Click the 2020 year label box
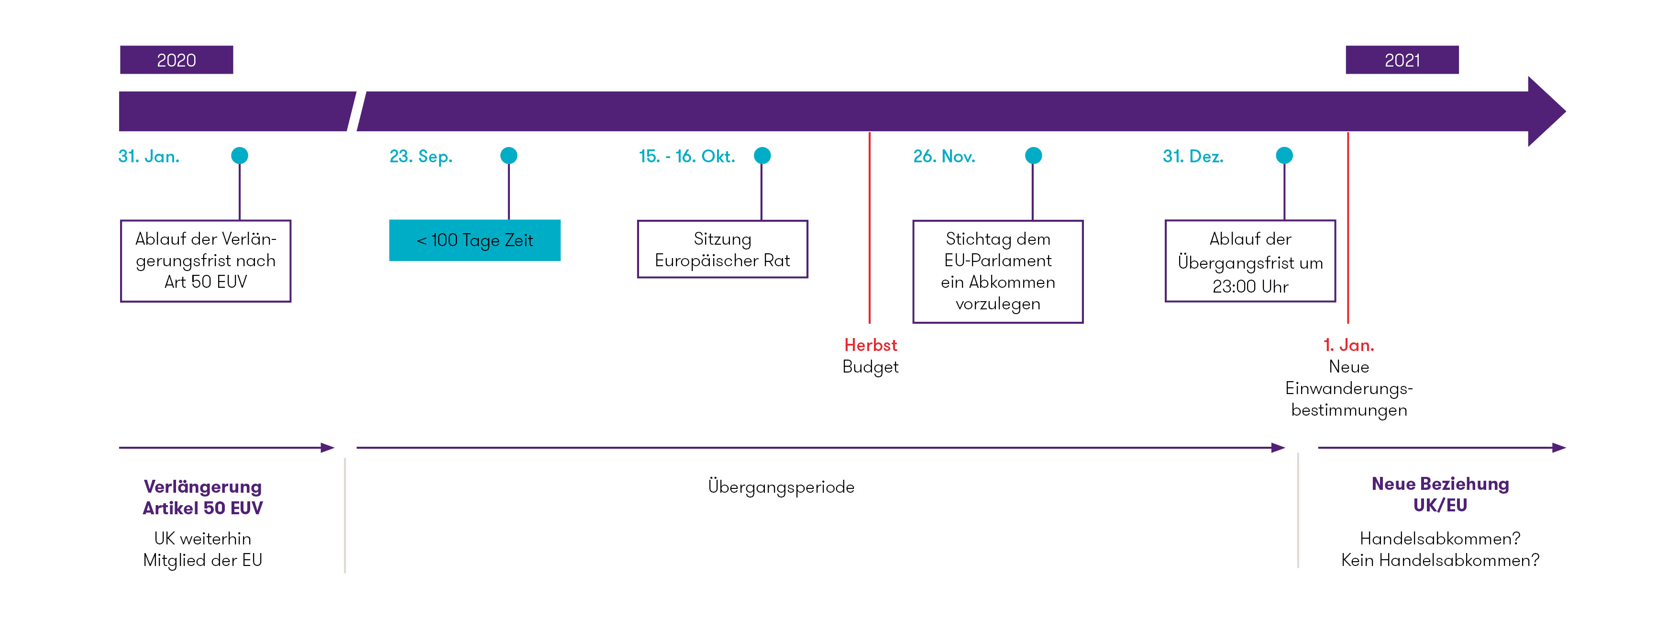(177, 60)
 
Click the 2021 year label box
(1402, 60)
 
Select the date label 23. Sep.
(421, 157)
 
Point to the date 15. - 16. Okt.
(686, 157)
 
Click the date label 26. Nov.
(944, 157)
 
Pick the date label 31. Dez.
(1192, 157)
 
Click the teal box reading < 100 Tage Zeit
(475, 240)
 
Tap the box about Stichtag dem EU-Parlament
(998, 271)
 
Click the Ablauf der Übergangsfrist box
(1250, 261)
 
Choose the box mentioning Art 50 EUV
(206, 261)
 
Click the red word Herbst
(870, 345)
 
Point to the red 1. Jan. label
(1348, 345)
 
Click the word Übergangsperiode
(781, 487)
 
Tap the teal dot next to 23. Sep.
(509, 156)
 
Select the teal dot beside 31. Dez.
(1284, 156)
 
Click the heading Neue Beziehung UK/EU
(1440, 494)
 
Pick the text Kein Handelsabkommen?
(1440, 560)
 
